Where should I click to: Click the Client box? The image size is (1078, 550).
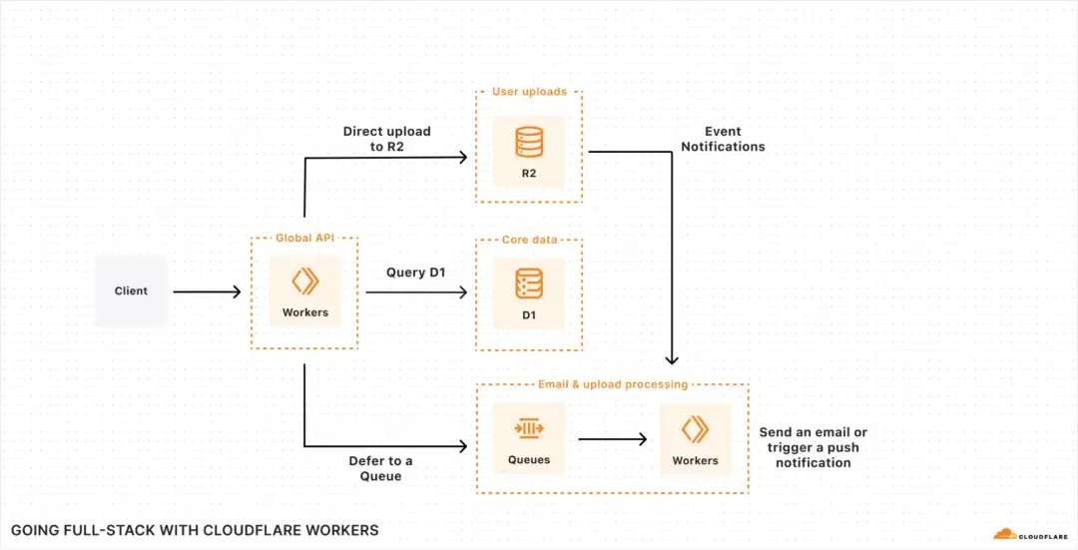click(x=131, y=291)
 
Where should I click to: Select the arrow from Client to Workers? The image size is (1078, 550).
click(x=207, y=291)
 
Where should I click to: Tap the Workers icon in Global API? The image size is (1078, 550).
click(x=304, y=280)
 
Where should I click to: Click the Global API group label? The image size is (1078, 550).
click(x=304, y=239)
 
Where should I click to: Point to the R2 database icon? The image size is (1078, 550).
click(x=528, y=144)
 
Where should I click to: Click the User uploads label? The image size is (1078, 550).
click(x=529, y=92)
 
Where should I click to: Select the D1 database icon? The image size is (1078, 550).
click(x=528, y=284)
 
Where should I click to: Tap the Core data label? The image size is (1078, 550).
click(x=529, y=240)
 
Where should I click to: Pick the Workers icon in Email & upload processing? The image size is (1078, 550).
click(x=695, y=429)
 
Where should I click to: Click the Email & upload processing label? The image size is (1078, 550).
click(x=612, y=384)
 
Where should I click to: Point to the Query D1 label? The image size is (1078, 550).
click(x=416, y=273)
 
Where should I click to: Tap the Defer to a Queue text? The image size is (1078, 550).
click(x=379, y=467)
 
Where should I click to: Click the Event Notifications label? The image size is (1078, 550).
click(x=723, y=139)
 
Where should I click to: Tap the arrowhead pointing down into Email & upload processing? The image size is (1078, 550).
click(x=673, y=359)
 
